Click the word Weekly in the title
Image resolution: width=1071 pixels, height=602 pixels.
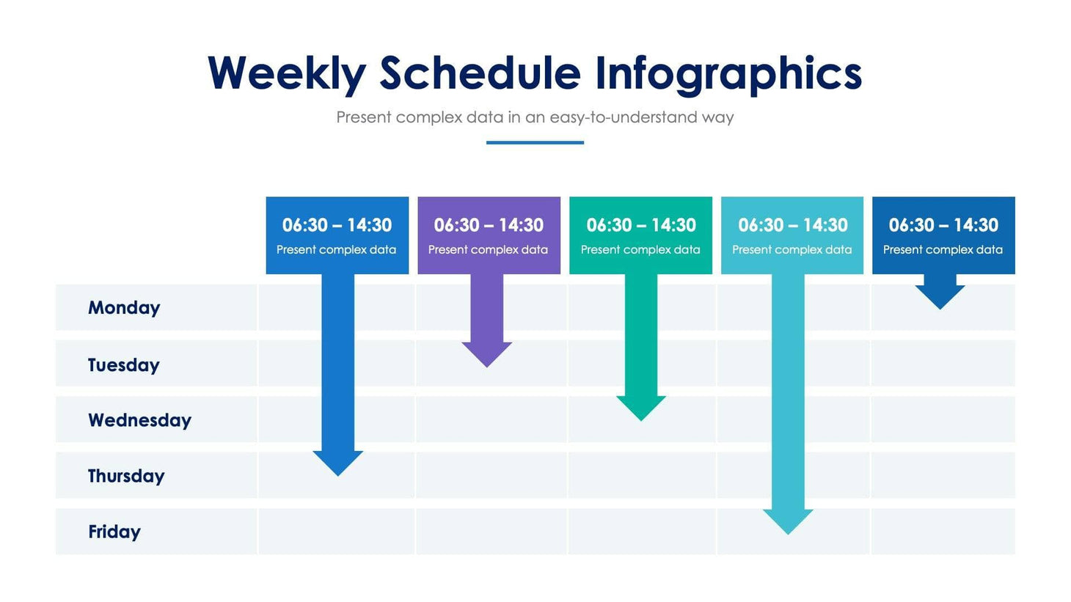click(286, 73)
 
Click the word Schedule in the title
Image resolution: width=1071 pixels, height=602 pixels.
click(480, 73)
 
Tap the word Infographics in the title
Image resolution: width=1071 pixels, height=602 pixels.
click(728, 73)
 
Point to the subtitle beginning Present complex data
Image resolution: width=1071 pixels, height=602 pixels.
click(535, 117)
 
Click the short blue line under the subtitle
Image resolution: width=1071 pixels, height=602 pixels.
click(535, 142)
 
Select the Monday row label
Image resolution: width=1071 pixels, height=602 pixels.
click(124, 308)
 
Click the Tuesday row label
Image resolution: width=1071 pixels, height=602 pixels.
click(123, 364)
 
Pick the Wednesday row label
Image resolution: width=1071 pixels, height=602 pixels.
click(139, 420)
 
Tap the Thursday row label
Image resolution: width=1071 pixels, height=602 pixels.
click(126, 476)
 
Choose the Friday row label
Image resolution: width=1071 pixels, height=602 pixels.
click(114, 532)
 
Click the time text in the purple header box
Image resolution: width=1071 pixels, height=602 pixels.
click(489, 225)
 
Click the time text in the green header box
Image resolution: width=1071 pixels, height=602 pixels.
click(640, 225)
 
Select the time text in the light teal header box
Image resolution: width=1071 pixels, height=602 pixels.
click(792, 225)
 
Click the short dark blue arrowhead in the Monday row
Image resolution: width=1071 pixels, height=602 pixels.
click(940, 296)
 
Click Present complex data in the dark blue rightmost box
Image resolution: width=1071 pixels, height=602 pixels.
click(943, 250)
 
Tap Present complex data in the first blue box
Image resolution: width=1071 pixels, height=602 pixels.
click(336, 250)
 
